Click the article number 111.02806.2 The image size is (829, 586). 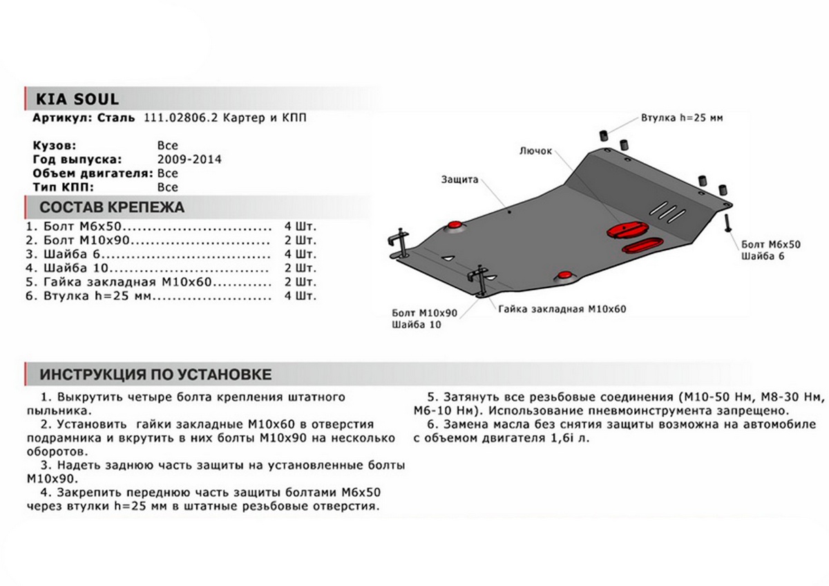click(x=178, y=118)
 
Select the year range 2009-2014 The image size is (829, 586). click(x=189, y=159)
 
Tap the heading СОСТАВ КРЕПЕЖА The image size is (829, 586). click(x=112, y=207)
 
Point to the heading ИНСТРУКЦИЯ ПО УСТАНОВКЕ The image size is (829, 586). click(x=155, y=375)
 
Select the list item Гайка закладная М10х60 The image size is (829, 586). click(x=127, y=283)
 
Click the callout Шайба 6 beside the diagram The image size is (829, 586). click(x=763, y=256)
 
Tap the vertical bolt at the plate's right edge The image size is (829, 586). click(x=728, y=223)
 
